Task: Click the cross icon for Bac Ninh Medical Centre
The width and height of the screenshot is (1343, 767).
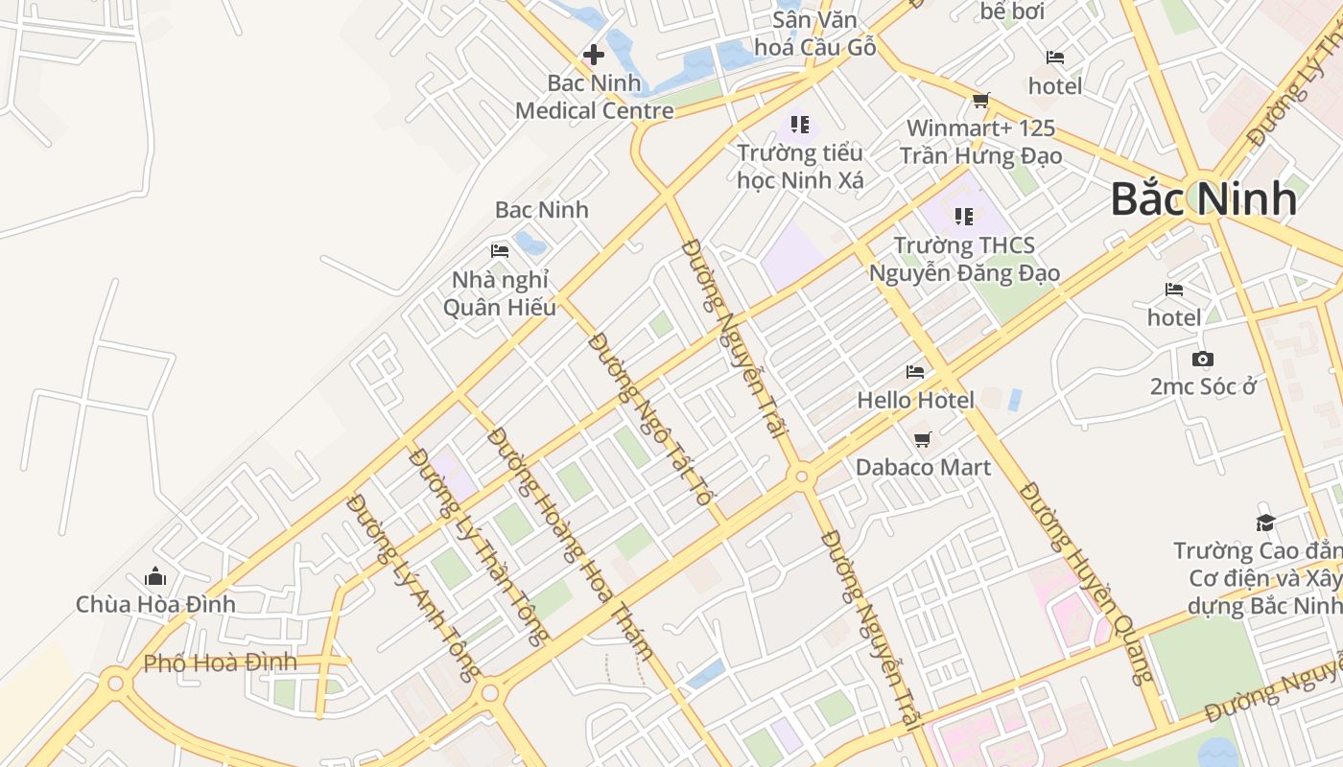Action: point(594,55)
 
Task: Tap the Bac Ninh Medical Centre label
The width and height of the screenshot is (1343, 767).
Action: point(595,97)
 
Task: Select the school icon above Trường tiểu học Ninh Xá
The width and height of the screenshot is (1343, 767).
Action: point(800,124)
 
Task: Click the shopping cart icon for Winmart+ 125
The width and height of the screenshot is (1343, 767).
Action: point(980,100)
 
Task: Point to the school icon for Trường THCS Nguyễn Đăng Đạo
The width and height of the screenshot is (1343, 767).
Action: point(964,217)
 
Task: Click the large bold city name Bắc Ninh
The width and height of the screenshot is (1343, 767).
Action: point(1204,199)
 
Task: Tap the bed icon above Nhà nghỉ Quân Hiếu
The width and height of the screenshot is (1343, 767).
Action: point(500,251)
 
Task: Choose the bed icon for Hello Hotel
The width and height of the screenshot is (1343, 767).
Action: point(915,372)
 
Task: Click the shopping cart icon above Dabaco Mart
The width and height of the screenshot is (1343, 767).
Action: point(922,439)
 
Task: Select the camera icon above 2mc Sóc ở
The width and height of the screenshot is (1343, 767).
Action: point(1202,360)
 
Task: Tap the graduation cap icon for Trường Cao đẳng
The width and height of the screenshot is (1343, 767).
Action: point(1265,523)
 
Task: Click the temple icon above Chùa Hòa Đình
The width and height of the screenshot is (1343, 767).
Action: point(155,576)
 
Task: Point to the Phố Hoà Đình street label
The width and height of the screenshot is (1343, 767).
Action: point(220,662)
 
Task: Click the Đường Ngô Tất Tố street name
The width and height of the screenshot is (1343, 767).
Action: point(649,419)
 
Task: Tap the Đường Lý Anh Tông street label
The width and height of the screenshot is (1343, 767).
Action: point(412,587)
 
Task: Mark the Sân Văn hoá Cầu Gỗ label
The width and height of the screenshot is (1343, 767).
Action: point(815,34)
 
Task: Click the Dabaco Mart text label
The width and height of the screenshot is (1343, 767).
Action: point(923,468)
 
